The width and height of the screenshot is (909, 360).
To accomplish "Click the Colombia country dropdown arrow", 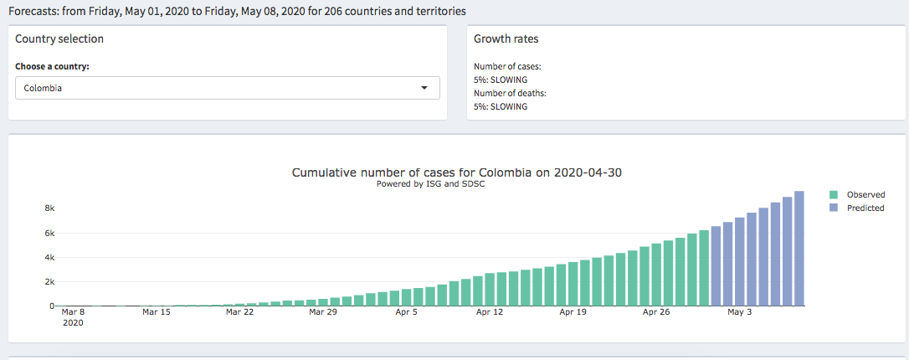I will [x=424, y=88].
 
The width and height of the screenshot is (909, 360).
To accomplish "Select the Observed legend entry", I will [x=865, y=194].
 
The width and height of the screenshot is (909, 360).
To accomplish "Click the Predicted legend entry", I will [x=865, y=208].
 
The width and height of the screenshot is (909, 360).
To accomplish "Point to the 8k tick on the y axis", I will [x=49, y=208].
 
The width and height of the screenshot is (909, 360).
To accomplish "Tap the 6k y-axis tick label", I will [x=49, y=233].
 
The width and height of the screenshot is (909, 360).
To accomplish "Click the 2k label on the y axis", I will [x=49, y=282].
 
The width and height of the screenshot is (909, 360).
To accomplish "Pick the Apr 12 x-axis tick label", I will [x=490, y=312].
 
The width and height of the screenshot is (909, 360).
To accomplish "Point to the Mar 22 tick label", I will [x=239, y=312].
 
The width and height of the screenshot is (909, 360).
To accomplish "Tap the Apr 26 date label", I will [x=657, y=312].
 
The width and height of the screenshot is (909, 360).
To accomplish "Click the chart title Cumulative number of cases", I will [x=457, y=172].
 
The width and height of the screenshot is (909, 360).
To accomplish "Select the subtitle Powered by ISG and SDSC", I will [x=431, y=184].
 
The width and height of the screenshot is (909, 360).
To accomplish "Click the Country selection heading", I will [x=59, y=39].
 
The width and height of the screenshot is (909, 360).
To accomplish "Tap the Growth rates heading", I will [x=506, y=39].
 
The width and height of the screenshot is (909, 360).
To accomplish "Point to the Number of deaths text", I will [x=510, y=94].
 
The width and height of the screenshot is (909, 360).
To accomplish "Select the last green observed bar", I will [x=704, y=268].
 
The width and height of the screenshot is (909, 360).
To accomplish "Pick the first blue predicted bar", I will [x=716, y=266].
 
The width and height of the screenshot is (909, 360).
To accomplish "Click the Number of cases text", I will [x=507, y=66].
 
